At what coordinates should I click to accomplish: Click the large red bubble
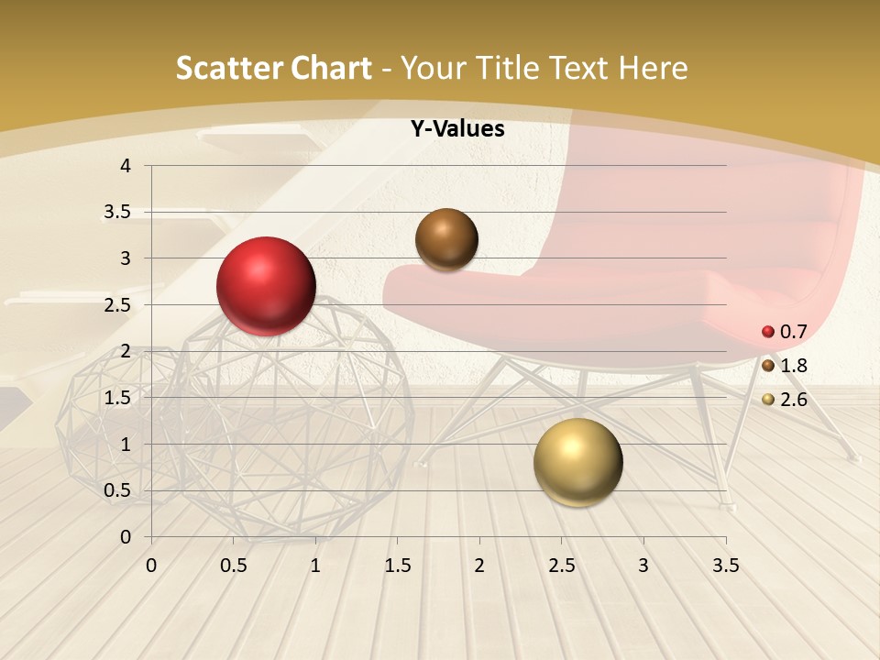click(x=266, y=286)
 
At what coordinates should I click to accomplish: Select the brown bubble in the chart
click(x=446, y=239)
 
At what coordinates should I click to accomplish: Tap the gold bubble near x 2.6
click(x=577, y=463)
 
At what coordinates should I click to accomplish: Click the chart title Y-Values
click(x=457, y=129)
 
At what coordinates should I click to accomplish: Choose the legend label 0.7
click(x=793, y=332)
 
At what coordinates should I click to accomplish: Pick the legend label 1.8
click(x=793, y=366)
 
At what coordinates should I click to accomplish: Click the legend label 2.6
click(x=793, y=400)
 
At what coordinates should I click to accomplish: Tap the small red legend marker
click(x=768, y=332)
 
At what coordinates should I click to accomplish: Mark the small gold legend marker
click(x=768, y=400)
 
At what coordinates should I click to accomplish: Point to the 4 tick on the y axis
click(x=126, y=166)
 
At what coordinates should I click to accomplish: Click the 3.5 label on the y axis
click(x=117, y=212)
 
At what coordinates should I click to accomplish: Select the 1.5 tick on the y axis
click(x=117, y=398)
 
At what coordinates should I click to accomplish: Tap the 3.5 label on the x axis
click(x=725, y=566)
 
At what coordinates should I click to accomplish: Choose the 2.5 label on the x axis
click(x=561, y=566)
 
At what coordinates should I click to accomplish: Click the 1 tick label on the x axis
click(x=315, y=566)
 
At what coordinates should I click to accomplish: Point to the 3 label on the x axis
click(x=643, y=566)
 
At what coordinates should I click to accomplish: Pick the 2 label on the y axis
click(x=126, y=351)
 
